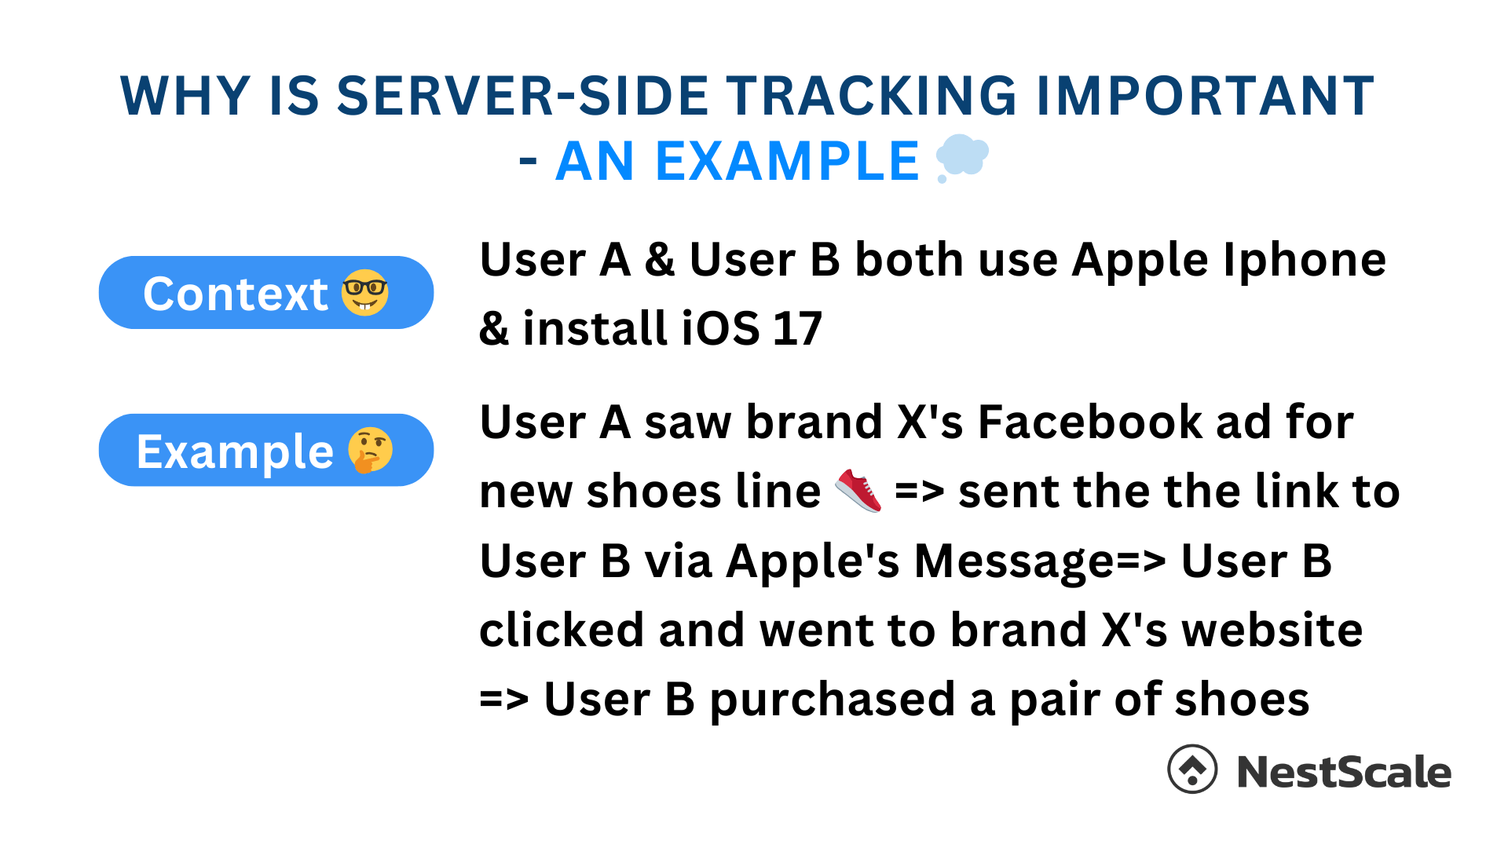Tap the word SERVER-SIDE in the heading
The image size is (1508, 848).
523,96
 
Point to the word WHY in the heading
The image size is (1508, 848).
185,96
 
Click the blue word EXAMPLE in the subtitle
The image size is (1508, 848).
787,162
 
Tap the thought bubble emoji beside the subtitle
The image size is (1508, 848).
962,158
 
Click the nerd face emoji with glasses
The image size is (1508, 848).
365,293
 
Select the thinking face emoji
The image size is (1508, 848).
370,450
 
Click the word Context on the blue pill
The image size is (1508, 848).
236,294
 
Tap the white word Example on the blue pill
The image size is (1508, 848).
236,452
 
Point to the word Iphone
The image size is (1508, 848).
1305,260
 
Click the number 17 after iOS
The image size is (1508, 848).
797,328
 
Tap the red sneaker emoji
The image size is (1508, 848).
858,491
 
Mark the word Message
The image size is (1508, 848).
1015,562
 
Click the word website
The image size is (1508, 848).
1272,630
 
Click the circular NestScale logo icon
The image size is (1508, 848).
1192,769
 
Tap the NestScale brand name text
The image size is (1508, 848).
1344,772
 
